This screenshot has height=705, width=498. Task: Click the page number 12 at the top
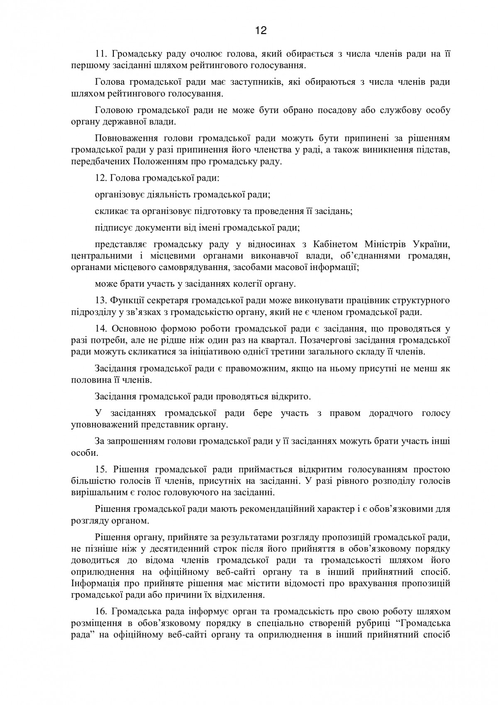point(261,30)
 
